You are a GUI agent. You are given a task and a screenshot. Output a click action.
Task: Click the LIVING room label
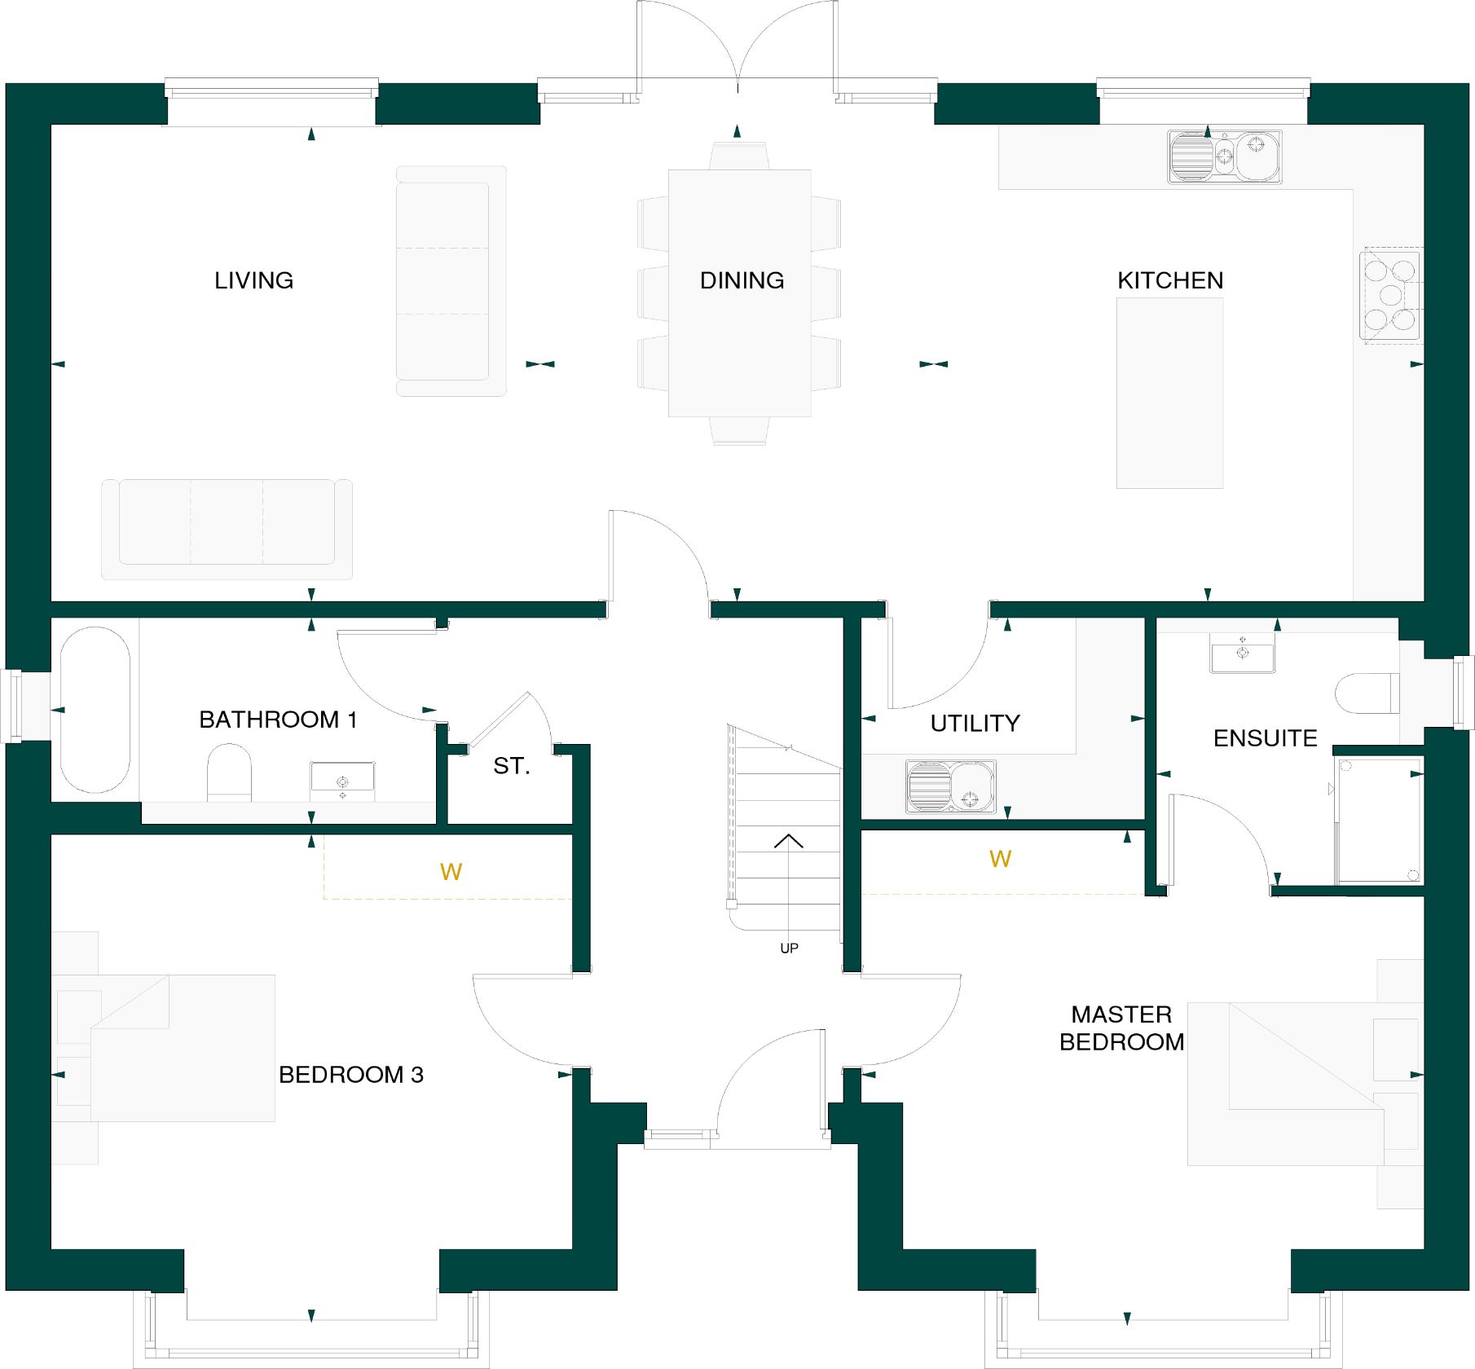[x=253, y=280]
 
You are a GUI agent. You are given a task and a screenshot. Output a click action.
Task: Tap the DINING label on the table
[x=742, y=280]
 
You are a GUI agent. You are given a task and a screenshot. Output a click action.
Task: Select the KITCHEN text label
[x=1170, y=280]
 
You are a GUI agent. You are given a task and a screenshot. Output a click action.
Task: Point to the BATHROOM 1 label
[x=278, y=720]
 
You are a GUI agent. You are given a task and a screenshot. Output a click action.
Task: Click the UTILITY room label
[x=975, y=723]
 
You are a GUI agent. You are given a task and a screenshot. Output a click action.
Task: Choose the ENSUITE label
[x=1265, y=738]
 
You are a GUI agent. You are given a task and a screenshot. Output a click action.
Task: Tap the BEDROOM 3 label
[x=351, y=1075]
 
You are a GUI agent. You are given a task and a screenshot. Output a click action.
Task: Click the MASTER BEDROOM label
[x=1122, y=1028]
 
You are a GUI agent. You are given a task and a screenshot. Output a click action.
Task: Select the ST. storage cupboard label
[x=512, y=766]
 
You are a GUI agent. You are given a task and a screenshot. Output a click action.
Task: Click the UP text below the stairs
[x=789, y=949]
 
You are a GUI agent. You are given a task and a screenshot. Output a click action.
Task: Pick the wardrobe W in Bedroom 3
[x=451, y=873]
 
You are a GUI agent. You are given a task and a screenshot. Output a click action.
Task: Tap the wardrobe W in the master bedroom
[x=1000, y=859]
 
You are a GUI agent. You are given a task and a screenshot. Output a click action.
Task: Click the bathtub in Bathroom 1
[x=95, y=710]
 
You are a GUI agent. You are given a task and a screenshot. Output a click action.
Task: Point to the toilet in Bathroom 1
[x=229, y=772]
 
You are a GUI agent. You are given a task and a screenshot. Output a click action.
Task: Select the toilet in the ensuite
[x=1367, y=693]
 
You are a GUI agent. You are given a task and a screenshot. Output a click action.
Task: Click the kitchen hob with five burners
[x=1390, y=295]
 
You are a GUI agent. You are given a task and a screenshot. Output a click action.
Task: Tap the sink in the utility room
[x=951, y=786]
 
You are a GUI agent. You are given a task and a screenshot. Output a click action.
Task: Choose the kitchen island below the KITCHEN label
[x=1169, y=393]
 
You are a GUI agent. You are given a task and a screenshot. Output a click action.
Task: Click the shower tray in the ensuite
[x=1380, y=821]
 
